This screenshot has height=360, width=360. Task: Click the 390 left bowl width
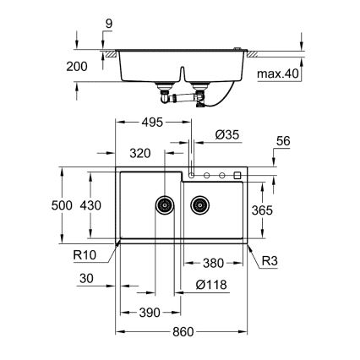tap(149, 313)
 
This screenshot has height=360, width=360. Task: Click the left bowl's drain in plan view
tap(164, 204)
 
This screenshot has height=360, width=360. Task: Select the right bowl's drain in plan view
tap(200, 204)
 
